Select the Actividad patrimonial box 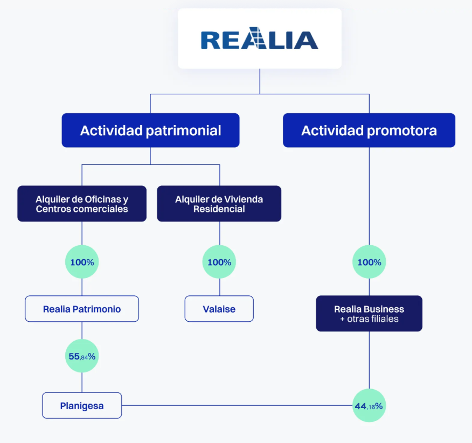150,130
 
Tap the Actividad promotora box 369,130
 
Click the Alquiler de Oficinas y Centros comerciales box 82,204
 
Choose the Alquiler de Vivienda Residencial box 219,204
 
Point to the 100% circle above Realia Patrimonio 82,262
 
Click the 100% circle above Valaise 219,262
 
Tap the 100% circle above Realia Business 369,262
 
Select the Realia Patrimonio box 82,309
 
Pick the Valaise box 219,309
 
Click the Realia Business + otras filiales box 369,314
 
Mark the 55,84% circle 82,356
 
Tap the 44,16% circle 369,406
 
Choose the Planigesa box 82,406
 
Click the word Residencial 219,209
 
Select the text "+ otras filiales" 369,319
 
